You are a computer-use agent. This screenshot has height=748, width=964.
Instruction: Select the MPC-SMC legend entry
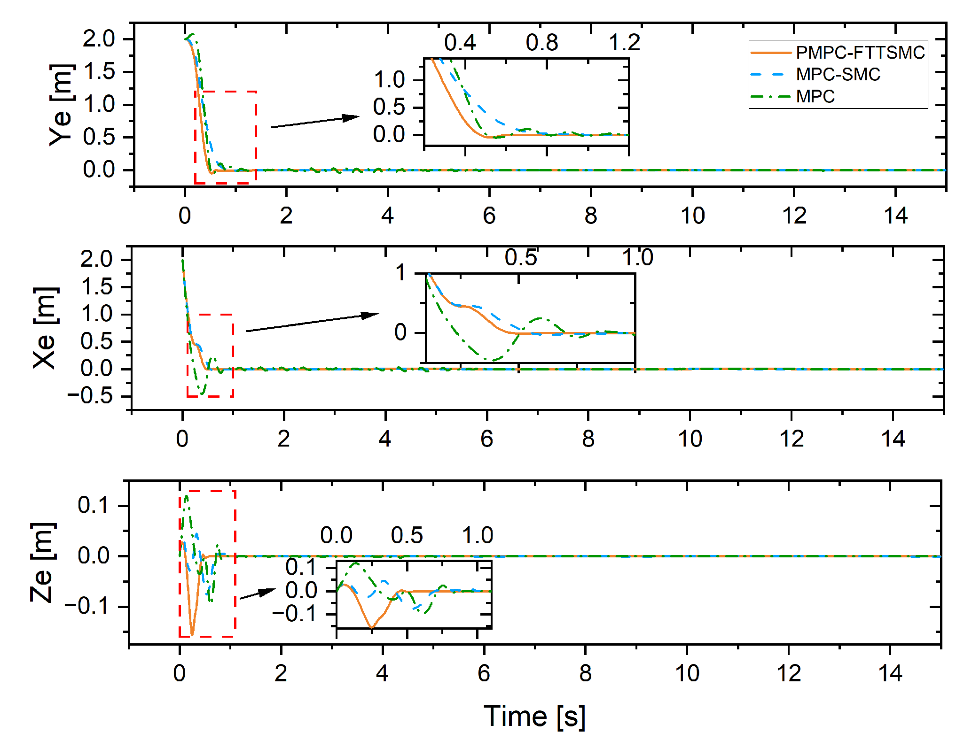click(838, 74)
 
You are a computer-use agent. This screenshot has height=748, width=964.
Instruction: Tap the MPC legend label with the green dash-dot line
click(815, 96)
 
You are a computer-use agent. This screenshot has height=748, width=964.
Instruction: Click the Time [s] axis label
click(534, 717)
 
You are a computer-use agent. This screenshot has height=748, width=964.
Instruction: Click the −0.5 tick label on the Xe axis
click(90, 396)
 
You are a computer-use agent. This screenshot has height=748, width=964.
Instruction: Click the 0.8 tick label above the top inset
click(541, 43)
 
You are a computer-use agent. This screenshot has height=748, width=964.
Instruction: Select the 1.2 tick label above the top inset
click(624, 43)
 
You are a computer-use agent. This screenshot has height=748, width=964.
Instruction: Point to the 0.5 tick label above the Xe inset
click(520, 257)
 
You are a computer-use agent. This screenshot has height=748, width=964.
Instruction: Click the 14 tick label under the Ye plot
click(895, 216)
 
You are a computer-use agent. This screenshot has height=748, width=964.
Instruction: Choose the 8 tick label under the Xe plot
click(588, 439)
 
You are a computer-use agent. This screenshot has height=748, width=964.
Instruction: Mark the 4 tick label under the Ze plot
click(382, 673)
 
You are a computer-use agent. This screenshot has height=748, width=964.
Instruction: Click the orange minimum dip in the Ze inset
click(372, 627)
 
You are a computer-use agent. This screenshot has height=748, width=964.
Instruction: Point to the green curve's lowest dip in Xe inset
click(490, 360)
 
